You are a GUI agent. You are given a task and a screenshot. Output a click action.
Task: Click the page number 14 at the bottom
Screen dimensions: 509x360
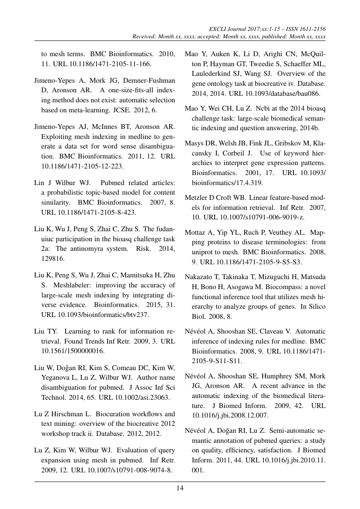tap(180, 488)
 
